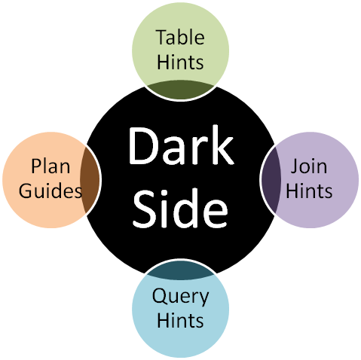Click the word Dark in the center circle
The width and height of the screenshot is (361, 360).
click(x=181, y=145)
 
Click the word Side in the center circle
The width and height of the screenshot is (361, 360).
click(x=180, y=209)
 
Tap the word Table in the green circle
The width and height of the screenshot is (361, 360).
click(x=180, y=37)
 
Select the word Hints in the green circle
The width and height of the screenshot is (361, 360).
click(x=180, y=62)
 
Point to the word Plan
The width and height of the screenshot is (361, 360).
click(x=50, y=166)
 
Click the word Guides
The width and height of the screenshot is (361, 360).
click(x=50, y=191)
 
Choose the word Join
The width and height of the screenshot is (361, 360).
click(x=309, y=166)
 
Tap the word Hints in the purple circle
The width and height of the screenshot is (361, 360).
click(x=309, y=191)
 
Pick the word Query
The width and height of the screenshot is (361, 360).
click(x=180, y=297)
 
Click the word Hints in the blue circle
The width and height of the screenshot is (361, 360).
click(x=180, y=320)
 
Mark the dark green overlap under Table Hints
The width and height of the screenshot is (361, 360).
click(x=180, y=90)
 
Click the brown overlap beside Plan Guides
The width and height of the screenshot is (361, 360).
click(x=90, y=180)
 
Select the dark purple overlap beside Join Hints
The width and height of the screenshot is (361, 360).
click(x=271, y=180)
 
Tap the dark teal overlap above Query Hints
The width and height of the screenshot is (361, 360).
click(x=180, y=270)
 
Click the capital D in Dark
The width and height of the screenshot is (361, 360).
click(x=143, y=146)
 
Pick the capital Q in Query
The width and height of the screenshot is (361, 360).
click(x=161, y=296)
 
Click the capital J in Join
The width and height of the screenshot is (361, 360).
click(x=295, y=166)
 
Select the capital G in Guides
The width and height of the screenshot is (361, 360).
click(x=26, y=191)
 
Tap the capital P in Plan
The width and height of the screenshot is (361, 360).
click(x=36, y=166)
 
